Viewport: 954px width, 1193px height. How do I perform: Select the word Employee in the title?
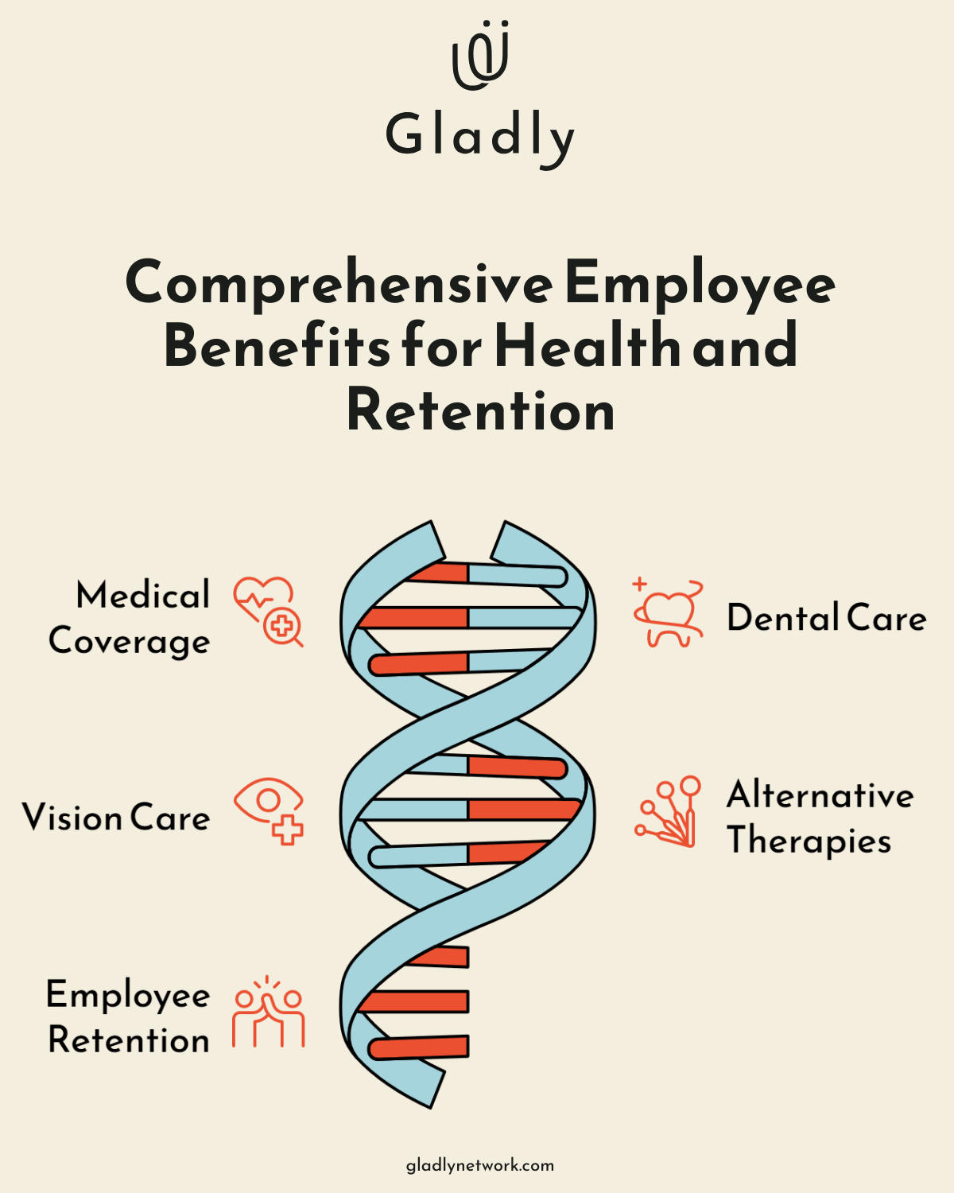click(700, 284)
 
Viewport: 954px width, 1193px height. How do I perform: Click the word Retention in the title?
click(481, 410)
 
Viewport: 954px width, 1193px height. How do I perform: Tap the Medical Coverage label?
click(130, 618)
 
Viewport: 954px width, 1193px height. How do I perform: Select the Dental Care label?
click(827, 618)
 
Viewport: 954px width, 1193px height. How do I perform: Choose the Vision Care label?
click(116, 818)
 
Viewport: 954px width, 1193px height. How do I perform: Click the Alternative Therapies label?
click(820, 818)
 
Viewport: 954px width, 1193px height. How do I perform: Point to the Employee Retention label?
click(129, 1017)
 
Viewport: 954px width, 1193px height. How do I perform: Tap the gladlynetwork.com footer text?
click(480, 1165)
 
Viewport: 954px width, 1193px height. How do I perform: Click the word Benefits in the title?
click(277, 347)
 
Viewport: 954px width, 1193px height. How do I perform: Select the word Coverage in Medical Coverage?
click(130, 642)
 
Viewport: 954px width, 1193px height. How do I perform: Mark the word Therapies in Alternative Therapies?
click(809, 841)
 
